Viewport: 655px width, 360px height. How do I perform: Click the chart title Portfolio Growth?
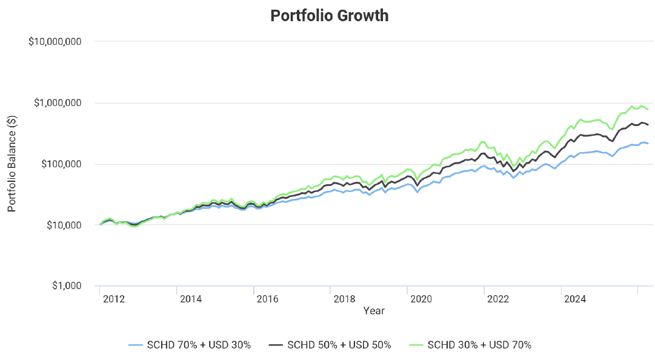coord(329,16)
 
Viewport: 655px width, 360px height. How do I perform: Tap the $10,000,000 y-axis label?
coord(55,42)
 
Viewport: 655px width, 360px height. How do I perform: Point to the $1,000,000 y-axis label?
coord(58,103)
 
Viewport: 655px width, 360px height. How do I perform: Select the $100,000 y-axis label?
coord(61,164)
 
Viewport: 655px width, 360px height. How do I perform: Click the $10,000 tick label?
coord(64,225)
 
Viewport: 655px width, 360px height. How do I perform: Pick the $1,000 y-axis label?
coord(67,286)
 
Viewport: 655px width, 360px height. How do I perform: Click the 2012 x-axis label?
coord(114,299)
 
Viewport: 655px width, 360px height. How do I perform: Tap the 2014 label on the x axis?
coord(190,299)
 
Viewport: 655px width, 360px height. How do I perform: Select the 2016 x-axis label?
coord(267,299)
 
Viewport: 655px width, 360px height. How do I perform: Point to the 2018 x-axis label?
coord(344,299)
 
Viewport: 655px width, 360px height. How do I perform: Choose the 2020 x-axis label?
coord(421,299)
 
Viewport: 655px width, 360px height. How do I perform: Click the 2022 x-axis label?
coord(498,299)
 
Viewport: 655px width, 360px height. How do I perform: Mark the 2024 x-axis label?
coord(575,299)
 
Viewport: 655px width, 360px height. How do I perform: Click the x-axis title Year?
coord(374,311)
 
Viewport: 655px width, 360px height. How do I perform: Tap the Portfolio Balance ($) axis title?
coord(12,164)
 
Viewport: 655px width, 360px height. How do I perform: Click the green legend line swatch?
coord(416,345)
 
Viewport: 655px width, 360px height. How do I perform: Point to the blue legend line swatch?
coord(136,345)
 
